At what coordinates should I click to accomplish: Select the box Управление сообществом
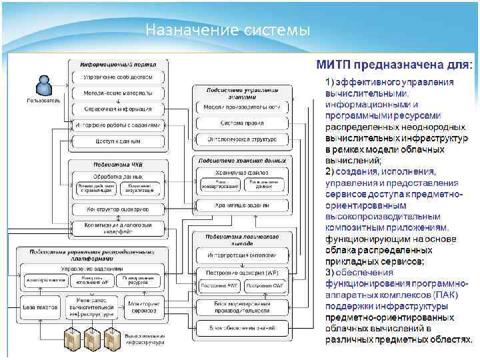(117, 77)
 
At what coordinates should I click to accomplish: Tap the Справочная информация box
(117, 109)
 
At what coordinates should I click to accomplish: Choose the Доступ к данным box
(117, 141)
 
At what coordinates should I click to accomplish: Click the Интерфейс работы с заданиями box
(117, 125)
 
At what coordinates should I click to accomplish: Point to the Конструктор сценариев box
(117, 209)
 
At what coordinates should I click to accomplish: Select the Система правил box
(242, 123)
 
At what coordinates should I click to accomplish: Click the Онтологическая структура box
(242, 139)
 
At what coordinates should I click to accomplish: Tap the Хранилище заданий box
(242, 206)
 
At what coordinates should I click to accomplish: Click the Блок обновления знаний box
(242, 328)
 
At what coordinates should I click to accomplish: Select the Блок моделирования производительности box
(242, 307)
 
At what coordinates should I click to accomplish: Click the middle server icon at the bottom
(90, 340)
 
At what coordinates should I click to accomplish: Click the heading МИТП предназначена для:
(394, 65)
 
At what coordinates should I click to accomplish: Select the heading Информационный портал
(117, 65)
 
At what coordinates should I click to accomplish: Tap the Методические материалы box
(117, 93)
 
